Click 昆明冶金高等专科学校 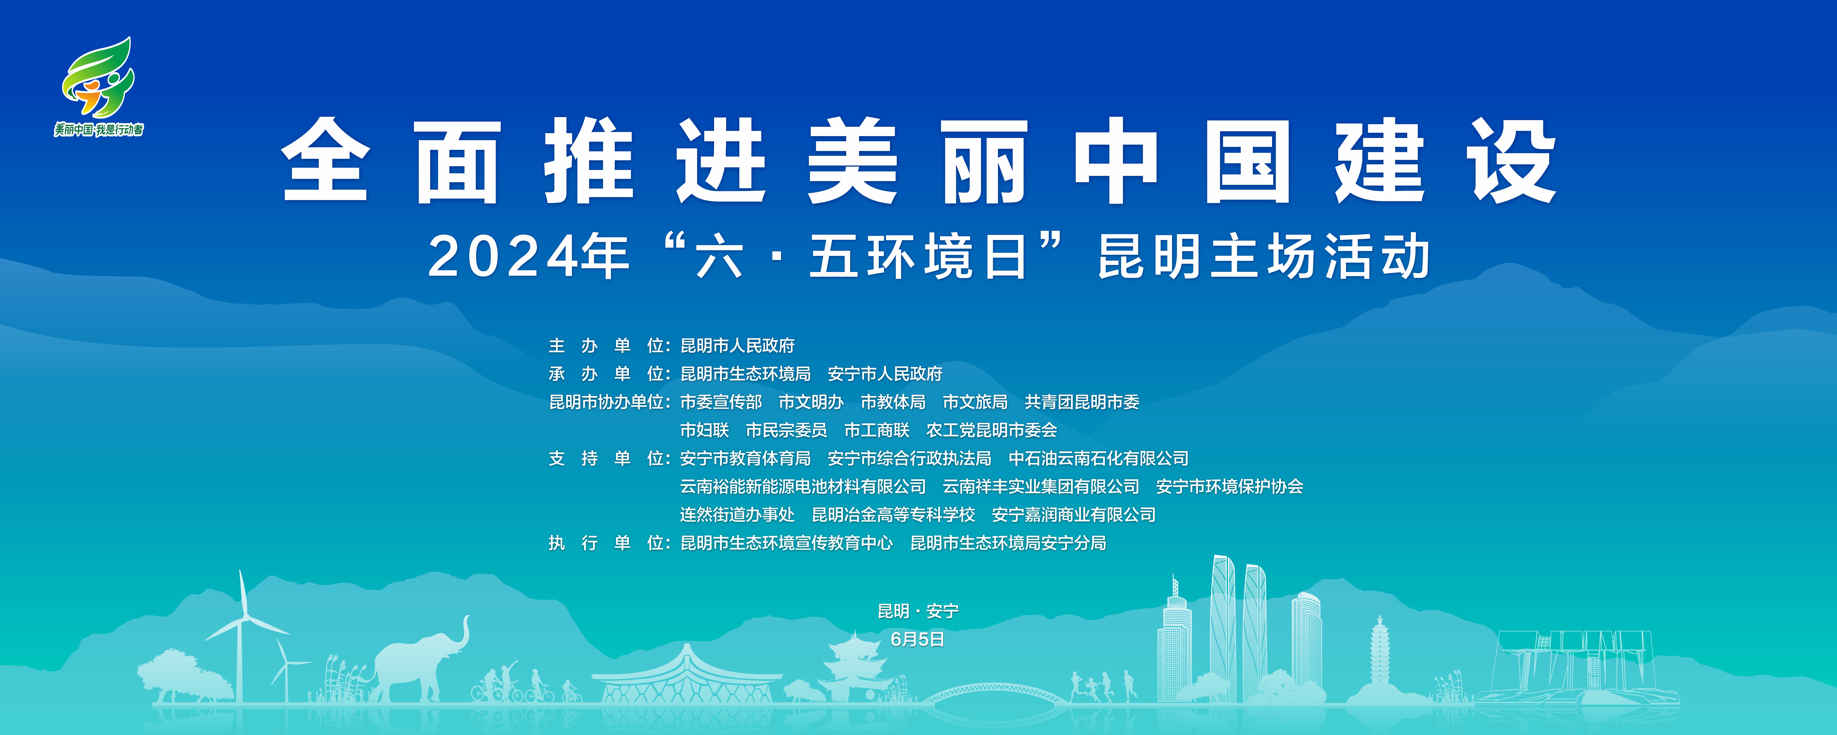[893, 515]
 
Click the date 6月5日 [918, 639]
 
